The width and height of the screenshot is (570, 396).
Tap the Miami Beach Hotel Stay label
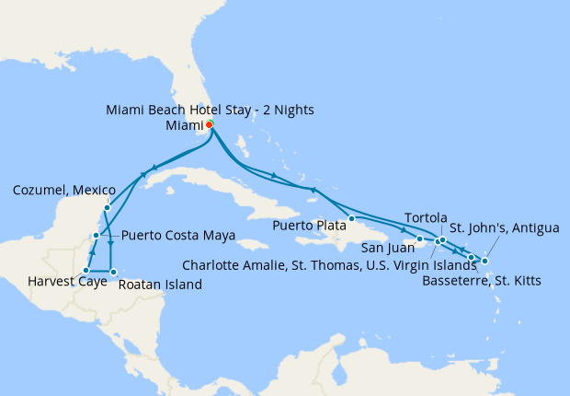[210, 110]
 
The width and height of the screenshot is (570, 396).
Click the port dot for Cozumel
[108, 207]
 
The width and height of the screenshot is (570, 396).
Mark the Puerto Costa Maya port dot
[96, 237]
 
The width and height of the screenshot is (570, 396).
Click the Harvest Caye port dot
[85, 271]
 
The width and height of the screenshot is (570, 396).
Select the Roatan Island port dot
[113, 272]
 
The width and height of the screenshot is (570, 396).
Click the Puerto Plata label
[309, 225]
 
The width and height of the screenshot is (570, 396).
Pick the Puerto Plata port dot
[351, 218]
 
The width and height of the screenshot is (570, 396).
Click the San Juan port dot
[420, 239]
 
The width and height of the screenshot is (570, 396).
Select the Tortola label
[426, 216]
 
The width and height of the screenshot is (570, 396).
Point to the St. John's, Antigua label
[504, 228]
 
